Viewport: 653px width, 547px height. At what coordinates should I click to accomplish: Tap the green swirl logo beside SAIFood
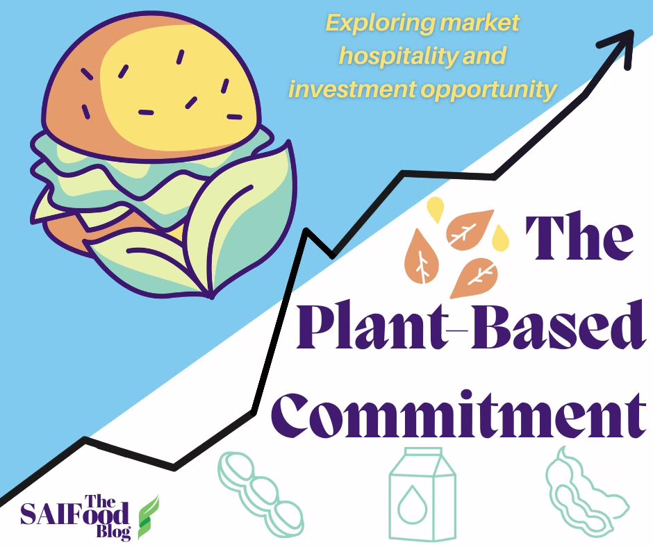point(147,517)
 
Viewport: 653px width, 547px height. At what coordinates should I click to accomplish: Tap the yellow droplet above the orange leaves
point(436,208)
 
